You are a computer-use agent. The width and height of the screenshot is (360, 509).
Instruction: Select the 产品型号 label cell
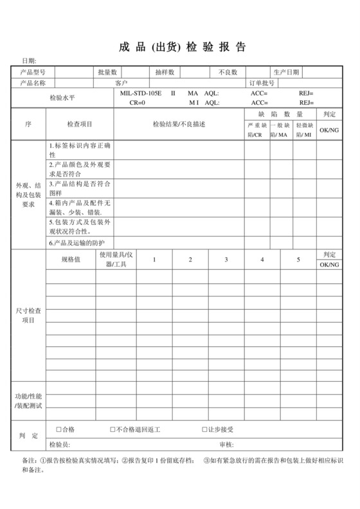[33, 71]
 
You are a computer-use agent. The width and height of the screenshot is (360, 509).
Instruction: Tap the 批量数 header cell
[106, 71]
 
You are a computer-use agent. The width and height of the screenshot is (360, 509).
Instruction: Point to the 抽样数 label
[164, 71]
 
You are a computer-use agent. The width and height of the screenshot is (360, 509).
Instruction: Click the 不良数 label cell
[228, 71]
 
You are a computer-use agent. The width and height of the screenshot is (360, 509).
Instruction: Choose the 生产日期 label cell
[286, 71]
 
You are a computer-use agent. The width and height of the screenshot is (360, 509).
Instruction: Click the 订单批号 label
[262, 82]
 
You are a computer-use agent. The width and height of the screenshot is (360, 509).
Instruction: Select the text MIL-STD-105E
[141, 93]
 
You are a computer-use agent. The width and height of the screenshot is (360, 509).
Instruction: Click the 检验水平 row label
[62, 98]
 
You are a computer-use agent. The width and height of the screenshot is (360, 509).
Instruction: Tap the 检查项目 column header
[80, 124]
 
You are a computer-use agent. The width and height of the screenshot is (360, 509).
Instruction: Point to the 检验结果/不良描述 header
[179, 124]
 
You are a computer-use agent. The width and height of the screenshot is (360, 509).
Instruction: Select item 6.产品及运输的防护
[77, 243]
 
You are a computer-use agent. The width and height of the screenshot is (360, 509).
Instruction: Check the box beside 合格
[59, 429]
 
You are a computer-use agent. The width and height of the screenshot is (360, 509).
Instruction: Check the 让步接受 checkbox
[204, 429]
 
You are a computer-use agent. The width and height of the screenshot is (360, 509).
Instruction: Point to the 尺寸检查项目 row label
[28, 315]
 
